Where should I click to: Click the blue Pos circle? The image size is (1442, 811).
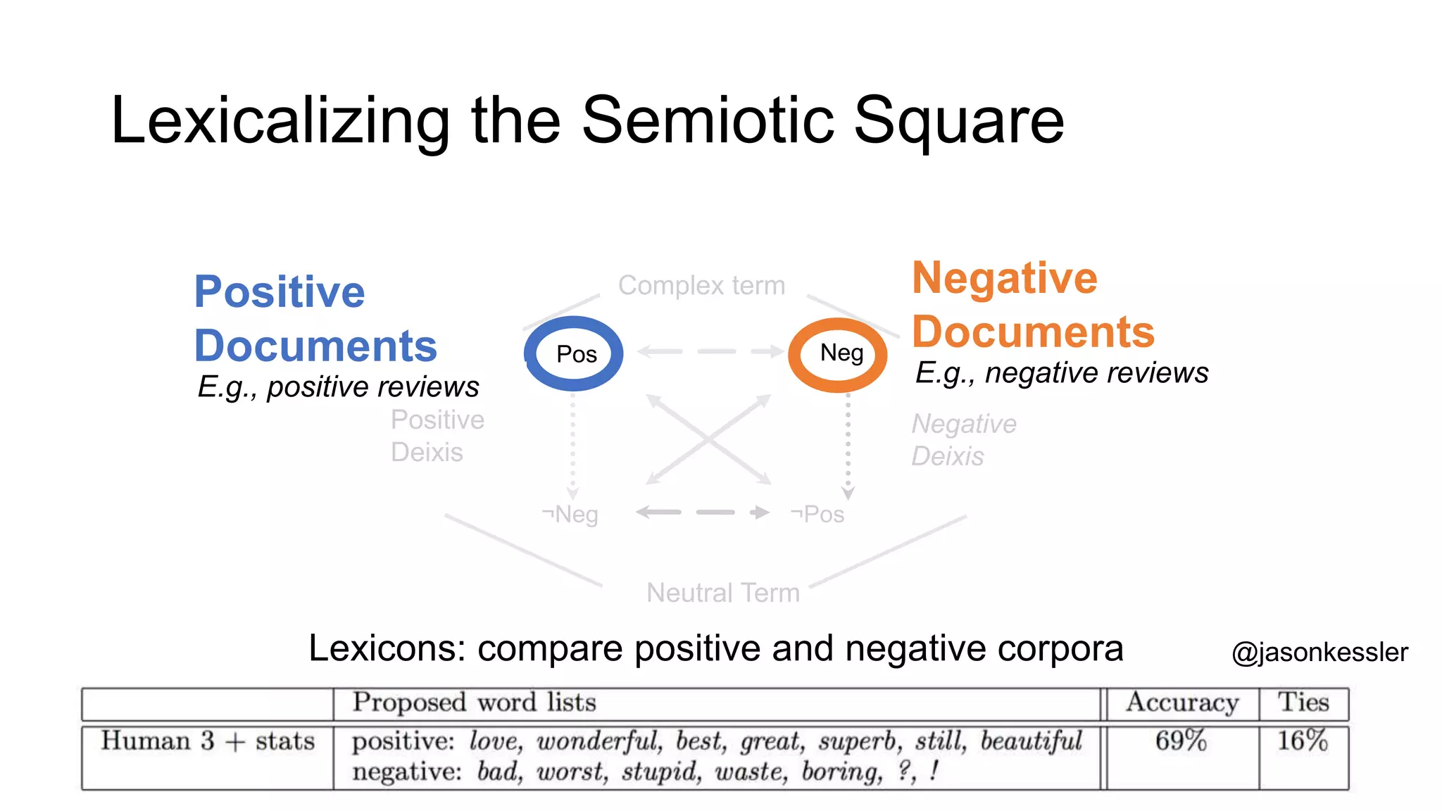[574, 353]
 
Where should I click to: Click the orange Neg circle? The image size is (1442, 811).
[838, 354]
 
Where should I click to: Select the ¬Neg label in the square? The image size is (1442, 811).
[571, 515]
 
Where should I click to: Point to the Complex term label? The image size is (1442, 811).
[701, 286]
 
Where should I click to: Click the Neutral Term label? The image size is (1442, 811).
[723, 593]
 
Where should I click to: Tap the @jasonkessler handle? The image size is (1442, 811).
[1319, 652]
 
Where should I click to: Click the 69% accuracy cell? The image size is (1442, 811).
[1181, 741]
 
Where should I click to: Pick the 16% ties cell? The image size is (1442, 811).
[1303, 741]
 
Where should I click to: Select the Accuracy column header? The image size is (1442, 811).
[1182, 703]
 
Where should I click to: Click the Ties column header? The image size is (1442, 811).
[1303, 703]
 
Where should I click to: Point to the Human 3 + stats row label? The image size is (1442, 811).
[208, 741]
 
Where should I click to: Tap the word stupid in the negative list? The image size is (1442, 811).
[660, 772]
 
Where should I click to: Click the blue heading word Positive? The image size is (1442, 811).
[280, 291]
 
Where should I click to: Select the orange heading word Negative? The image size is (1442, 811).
[1005, 277]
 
